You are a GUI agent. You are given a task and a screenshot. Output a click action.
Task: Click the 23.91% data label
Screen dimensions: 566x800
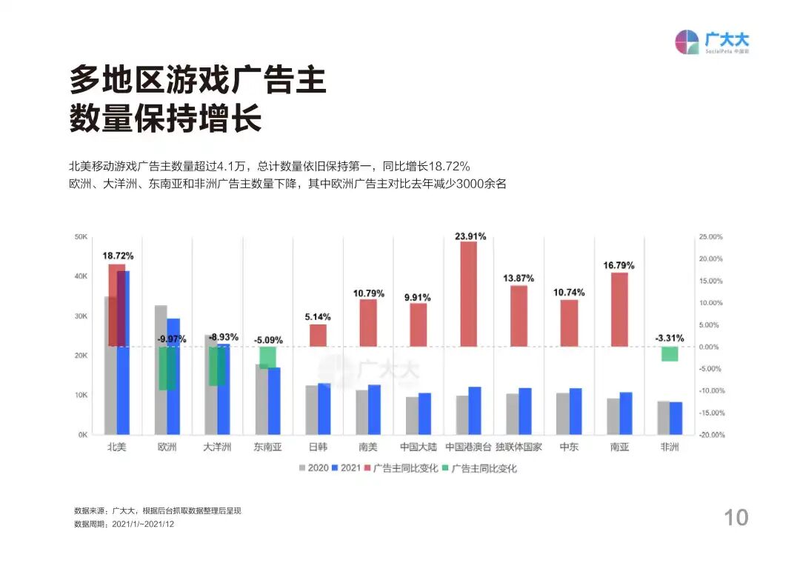tap(470, 236)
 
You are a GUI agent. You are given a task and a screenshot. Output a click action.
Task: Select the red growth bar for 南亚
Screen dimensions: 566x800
tap(619, 310)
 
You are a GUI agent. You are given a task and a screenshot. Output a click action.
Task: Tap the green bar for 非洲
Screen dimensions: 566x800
tap(670, 354)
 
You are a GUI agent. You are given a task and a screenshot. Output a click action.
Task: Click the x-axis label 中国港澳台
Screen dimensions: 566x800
tap(468, 447)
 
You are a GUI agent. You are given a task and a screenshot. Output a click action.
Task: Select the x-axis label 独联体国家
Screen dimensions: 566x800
tap(519, 447)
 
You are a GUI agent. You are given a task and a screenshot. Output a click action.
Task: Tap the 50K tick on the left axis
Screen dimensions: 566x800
tap(81, 237)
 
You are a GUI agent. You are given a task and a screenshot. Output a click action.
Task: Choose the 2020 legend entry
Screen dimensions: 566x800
tap(313, 468)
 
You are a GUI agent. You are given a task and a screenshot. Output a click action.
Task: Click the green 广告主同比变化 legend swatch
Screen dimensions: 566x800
tap(445, 468)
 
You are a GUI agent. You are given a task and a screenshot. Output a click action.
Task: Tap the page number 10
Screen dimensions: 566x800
tap(736, 517)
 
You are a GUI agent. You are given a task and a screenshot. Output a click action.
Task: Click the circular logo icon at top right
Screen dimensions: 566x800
tap(687, 42)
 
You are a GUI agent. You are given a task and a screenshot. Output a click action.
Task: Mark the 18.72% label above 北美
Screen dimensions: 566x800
tap(118, 256)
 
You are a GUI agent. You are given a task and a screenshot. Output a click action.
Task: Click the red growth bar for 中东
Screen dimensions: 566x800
tap(569, 323)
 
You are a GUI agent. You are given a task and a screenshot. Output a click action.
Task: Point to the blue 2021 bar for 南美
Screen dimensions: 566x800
tap(374, 410)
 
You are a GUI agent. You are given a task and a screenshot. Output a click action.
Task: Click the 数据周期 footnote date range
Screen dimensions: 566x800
tap(143, 524)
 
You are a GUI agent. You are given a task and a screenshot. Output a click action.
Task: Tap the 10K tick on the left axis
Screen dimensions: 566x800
tap(81, 396)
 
